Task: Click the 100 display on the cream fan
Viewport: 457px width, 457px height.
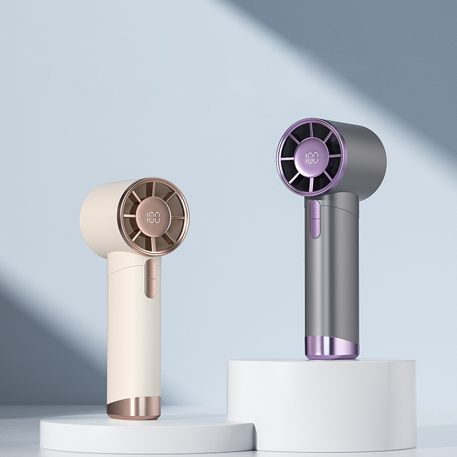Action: (x=154, y=218)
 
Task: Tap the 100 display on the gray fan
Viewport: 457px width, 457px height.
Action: (x=312, y=158)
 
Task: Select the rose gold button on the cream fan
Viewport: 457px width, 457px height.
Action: (x=150, y=278)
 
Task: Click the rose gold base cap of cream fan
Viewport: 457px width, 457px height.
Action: (x=134, y=407)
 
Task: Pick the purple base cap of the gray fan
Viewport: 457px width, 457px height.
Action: (x=332, y=348)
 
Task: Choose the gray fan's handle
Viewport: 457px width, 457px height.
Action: (x=332, y=274)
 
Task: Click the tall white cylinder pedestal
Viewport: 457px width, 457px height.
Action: (x=322, y=405)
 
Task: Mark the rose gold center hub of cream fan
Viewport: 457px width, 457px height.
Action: (x=153, y=218)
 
